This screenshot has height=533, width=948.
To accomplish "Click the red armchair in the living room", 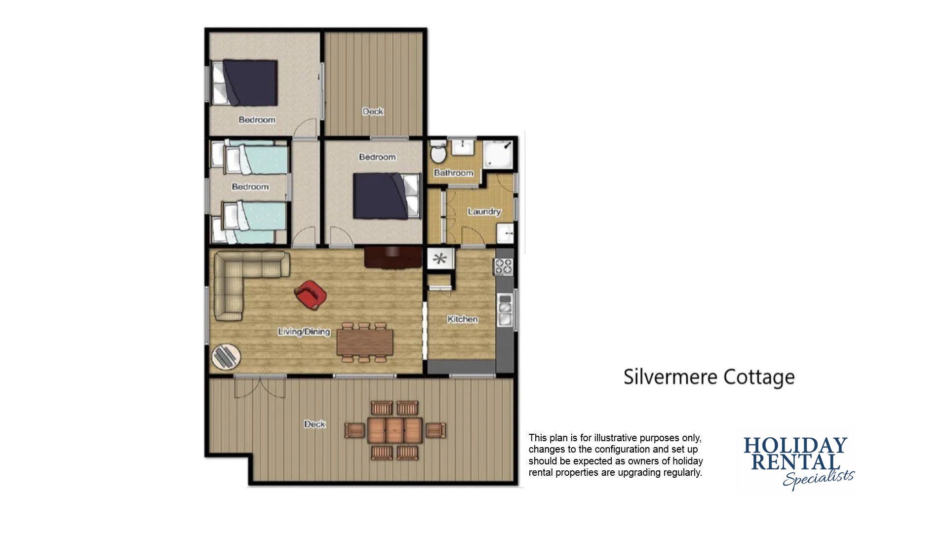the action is [310, 295].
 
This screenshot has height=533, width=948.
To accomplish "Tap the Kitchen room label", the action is [463, 319].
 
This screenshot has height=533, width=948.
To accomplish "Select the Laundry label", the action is [484, 212].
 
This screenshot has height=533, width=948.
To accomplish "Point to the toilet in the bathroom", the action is [438, 152].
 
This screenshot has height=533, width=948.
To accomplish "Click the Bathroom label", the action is [453, 173].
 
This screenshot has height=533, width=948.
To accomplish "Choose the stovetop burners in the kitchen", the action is [504, 266].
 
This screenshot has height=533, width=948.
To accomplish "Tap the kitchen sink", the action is [505, 310].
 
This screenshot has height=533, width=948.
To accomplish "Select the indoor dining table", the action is [365, 342].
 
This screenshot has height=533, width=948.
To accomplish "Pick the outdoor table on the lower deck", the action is [395, 430].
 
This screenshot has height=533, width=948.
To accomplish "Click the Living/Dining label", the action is [304, 332].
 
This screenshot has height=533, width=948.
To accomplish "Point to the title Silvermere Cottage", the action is [709, 377].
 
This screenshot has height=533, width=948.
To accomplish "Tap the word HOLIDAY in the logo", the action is [795, 445].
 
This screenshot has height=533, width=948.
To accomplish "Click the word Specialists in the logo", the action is [819, 478].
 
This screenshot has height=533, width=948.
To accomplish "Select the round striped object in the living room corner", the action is [226, 356].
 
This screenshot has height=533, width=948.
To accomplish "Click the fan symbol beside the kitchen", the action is [439, 259].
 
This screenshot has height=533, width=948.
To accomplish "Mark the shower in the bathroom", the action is [498, 153].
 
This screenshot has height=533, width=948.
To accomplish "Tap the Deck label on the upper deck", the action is [373, 112].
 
